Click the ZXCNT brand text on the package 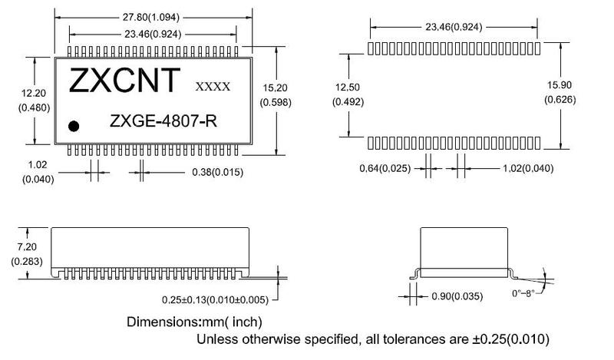125,80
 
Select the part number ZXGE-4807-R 158,121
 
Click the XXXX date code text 213,87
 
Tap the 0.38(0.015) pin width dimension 216,173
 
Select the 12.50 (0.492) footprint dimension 348,96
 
